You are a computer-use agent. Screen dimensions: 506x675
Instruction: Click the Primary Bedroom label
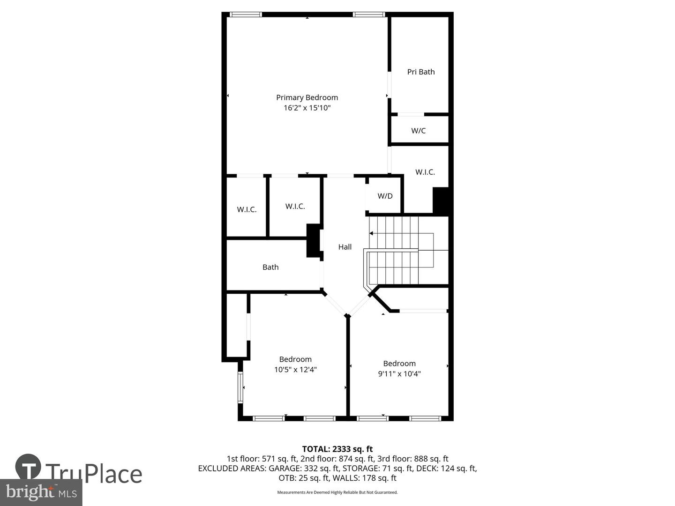(x=307, y=97)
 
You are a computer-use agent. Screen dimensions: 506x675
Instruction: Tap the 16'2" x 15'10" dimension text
(x=307, y=108)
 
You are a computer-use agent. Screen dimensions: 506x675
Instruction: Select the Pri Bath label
(x=421, y=72)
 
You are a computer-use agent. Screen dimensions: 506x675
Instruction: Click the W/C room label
(x=419, y=131)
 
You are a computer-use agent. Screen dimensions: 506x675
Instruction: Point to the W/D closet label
(x=385, y=196)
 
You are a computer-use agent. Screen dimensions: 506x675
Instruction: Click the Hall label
(x=345, y=247)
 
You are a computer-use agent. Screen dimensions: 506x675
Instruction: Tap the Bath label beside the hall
(x=270, y=267)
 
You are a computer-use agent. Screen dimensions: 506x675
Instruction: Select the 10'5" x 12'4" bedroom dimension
(x=295, y=369)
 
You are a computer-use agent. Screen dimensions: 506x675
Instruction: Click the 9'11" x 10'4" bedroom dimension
(x=399, y=373)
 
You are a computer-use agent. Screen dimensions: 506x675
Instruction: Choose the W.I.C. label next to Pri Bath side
(x=425, y=172)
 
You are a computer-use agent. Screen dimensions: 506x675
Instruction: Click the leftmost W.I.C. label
(x=247, y=209)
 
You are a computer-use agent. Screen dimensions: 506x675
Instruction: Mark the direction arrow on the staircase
(x=372, y=233)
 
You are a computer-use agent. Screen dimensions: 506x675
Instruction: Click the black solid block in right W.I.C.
(x=441, y=201)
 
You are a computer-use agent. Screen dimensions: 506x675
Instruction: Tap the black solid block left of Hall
(x=313, y=240)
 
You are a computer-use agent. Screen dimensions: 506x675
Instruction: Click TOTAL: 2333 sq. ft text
(x=337, y=449)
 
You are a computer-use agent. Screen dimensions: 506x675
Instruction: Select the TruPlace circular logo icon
(x=28, y=467)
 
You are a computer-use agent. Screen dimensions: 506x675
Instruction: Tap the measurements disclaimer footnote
(x=337, y=492)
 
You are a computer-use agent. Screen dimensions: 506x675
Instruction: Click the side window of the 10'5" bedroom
(x=240, y=387)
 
